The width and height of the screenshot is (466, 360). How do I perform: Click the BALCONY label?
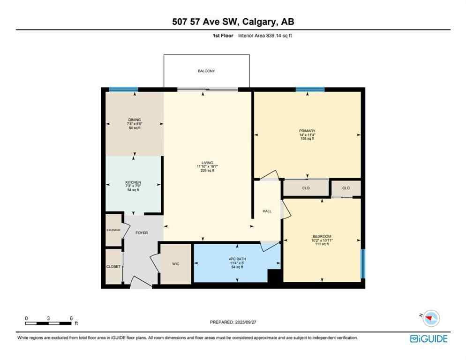coord(206,71)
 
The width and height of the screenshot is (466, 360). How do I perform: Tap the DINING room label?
coord(135,120)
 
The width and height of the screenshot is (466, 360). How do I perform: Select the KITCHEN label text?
coord(133,182)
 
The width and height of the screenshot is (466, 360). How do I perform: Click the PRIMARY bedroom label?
coord(307,131)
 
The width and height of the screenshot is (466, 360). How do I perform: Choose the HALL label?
coord(267,211)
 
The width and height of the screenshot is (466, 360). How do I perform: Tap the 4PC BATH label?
coord(238,259)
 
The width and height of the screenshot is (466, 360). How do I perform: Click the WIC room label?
coord(175,264)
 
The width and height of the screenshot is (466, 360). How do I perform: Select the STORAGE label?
coord(113,230)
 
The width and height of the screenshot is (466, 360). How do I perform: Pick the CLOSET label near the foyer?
coord(113,266)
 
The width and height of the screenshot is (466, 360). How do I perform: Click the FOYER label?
coord(142,232)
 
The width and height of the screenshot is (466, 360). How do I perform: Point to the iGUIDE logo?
coord(428,338)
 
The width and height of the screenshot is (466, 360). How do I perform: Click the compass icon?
coord(431,319)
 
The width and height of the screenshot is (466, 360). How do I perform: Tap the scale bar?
coord(49,323)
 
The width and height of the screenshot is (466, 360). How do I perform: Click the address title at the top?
coord(233,22)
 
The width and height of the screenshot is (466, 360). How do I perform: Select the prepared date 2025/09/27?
coord(233,322)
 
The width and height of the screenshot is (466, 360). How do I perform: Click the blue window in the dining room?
coord(123,89)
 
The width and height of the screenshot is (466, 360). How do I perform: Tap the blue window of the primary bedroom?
coord(310,89)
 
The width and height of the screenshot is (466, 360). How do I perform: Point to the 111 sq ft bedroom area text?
coord(322,244)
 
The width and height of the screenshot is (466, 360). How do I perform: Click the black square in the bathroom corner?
coord(274,276)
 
